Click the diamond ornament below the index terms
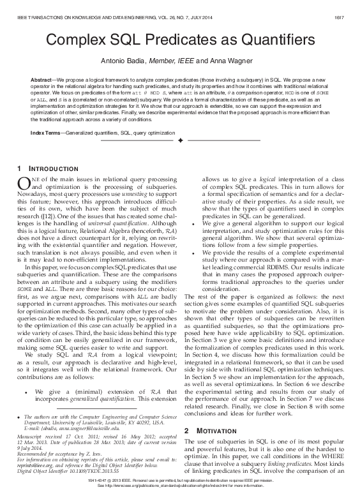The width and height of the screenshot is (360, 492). pos(180,139)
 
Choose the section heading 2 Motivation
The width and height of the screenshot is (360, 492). pos(209,414)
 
